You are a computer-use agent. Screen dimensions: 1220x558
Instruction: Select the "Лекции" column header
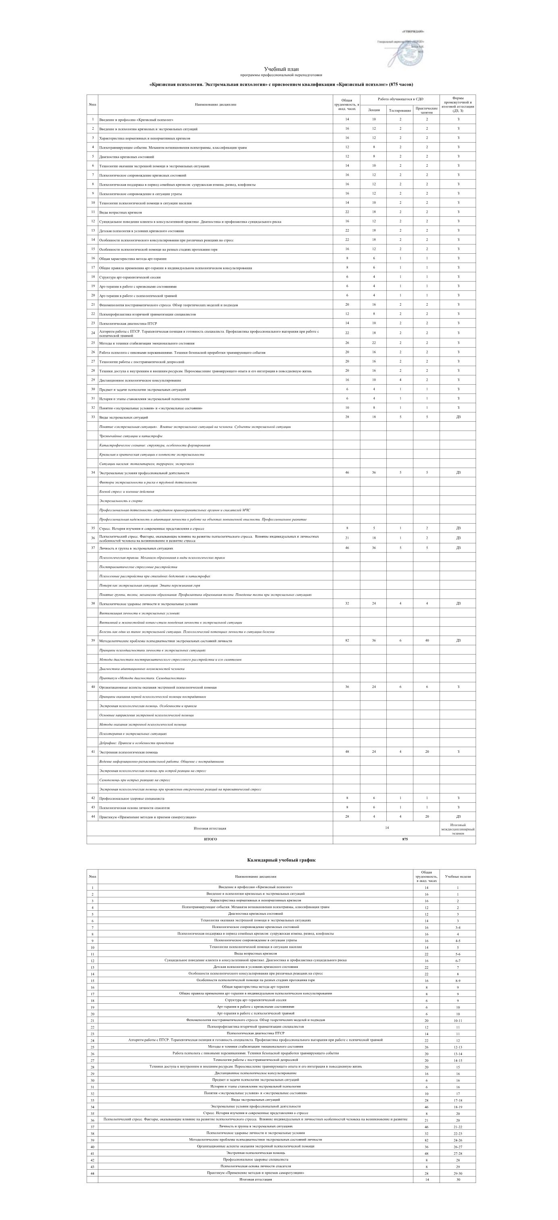coord(374,110)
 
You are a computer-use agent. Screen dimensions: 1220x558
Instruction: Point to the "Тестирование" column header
coord(400,110)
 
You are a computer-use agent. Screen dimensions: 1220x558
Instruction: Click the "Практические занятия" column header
coord(426,110)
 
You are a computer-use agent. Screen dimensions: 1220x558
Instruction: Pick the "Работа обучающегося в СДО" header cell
coord(400,99)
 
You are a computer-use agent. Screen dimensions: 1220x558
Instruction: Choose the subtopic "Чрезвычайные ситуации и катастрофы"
coord(131,436)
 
